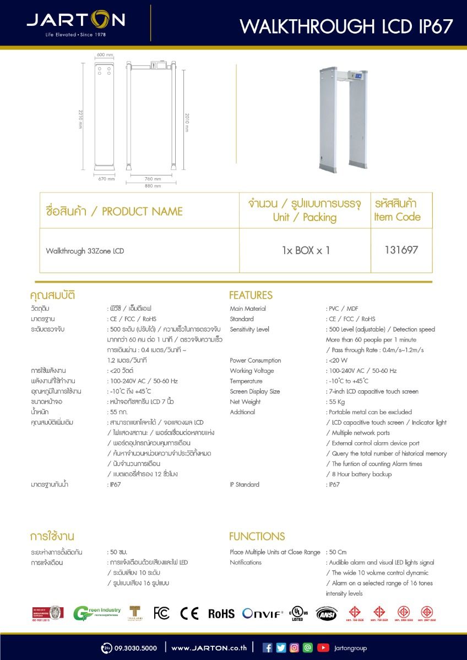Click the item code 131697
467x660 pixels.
click(401, 250)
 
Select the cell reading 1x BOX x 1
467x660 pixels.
click(306, 250)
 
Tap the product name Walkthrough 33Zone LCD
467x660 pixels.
click(85, 251)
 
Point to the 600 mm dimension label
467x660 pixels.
click(105, 55)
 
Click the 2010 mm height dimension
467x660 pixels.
click(186, 122)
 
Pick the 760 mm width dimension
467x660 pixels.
click(153, 179)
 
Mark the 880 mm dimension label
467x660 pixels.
click(153, 186)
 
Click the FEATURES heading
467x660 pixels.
click(251, 295)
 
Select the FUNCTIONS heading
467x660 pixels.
click(257, 536)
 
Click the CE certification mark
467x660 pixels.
click(189, 613)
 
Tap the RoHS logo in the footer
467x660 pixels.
click(221, 614)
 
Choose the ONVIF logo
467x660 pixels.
click(263, 613)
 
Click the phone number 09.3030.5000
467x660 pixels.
click(135, 648)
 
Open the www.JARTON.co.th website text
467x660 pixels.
click(209, 648)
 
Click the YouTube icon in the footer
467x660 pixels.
click(323, 648)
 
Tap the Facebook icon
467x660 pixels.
click(268, 648)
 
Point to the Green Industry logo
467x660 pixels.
click(97, 613)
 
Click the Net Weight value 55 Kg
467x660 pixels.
click(335, 402)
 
